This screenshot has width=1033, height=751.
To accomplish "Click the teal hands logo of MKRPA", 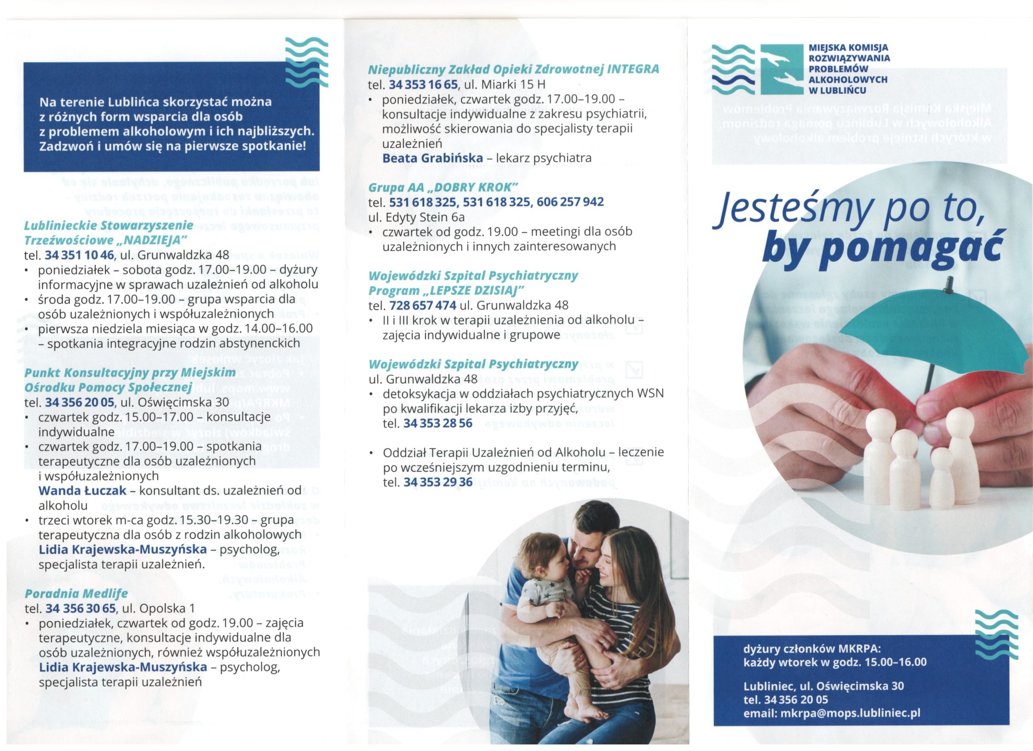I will point(782,69).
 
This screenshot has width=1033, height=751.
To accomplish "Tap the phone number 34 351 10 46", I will point(78,255).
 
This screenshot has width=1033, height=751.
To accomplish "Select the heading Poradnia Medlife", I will point(76,593).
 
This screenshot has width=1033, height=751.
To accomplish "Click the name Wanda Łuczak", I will point(82,490).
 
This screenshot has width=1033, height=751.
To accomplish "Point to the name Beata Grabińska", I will point(432,158).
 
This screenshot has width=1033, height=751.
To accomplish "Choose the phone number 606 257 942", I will point(570,202).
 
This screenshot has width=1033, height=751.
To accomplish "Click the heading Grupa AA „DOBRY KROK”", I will point(443,187).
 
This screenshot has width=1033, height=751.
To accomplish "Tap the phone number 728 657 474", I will point(423,305).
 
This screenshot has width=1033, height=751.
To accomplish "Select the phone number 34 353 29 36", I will point(438,482).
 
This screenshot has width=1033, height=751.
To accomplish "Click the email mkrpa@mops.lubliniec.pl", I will point(851,713).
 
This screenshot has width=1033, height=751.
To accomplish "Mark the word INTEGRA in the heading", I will point(633,69).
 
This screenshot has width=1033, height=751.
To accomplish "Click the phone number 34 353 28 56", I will point(438,423).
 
